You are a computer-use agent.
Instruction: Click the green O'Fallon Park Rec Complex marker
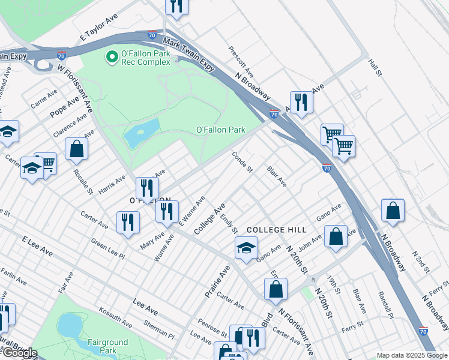(111, 58)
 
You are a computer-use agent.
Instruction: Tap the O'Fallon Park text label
(221, 130)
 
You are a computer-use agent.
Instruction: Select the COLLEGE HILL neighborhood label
(277, 230)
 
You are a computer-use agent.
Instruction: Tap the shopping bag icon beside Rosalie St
(77, 149)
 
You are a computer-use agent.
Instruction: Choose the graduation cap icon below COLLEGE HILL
(246, 248)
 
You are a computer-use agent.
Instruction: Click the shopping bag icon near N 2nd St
(393, 211)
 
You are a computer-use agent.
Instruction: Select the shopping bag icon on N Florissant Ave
(276, 290)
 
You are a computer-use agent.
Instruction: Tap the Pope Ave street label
(64, 106)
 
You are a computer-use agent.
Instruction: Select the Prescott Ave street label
(241, 62)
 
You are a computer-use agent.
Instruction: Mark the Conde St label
(242, 162)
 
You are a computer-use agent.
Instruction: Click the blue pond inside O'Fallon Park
(141, 133)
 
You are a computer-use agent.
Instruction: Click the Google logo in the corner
(19, 353)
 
